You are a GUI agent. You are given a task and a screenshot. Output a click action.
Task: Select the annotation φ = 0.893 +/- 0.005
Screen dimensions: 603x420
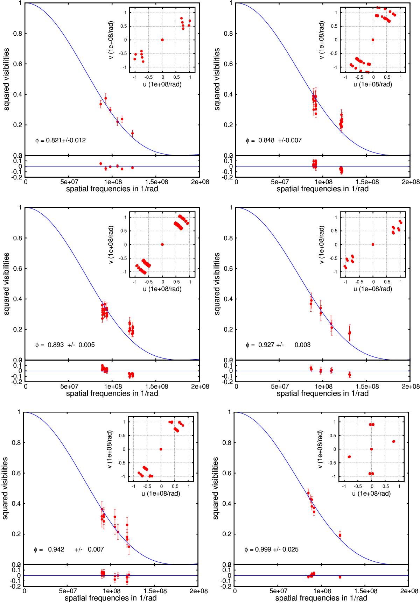[x=65, y=345]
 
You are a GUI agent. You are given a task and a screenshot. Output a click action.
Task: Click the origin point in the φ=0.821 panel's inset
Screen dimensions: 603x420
[x=162, y=40]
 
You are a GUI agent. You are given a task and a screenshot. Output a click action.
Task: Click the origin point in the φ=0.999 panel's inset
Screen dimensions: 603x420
[x=371, y=449]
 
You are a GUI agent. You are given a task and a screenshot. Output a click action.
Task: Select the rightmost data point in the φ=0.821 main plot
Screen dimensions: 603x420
[x=132, y=133]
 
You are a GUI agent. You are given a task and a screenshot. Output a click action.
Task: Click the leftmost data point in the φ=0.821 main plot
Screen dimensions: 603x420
[x=100, y=104]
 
